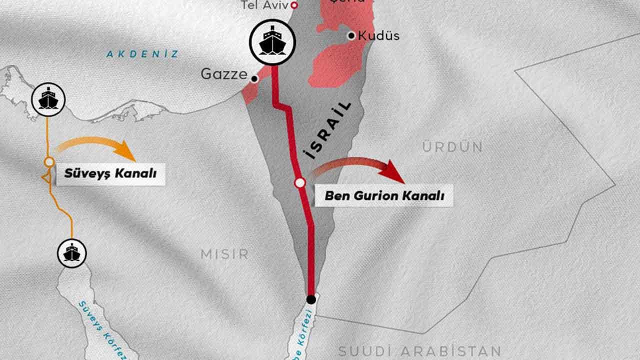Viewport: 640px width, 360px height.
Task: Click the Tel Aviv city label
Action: point(265,5)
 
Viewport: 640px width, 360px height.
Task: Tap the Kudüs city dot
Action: point(351,35)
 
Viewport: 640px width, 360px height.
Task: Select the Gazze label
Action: point(224,74)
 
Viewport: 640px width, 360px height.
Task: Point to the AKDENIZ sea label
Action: point(142,54)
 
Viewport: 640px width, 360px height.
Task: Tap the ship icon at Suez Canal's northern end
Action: point(48,98)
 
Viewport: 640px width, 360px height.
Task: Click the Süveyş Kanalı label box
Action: point(110,174)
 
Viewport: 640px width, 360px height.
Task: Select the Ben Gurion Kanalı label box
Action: point(384,195)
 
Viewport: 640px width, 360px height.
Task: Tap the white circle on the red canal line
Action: point(299,183)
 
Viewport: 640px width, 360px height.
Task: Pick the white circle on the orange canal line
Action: point(49,162)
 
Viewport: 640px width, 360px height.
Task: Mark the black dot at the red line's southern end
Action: point(311,299)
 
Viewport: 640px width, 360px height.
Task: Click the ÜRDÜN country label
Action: point(452,147)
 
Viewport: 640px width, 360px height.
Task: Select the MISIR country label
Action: point(224,254)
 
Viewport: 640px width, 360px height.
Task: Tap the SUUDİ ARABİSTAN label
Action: point(419,351)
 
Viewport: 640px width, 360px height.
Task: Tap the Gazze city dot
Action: point(254,79)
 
